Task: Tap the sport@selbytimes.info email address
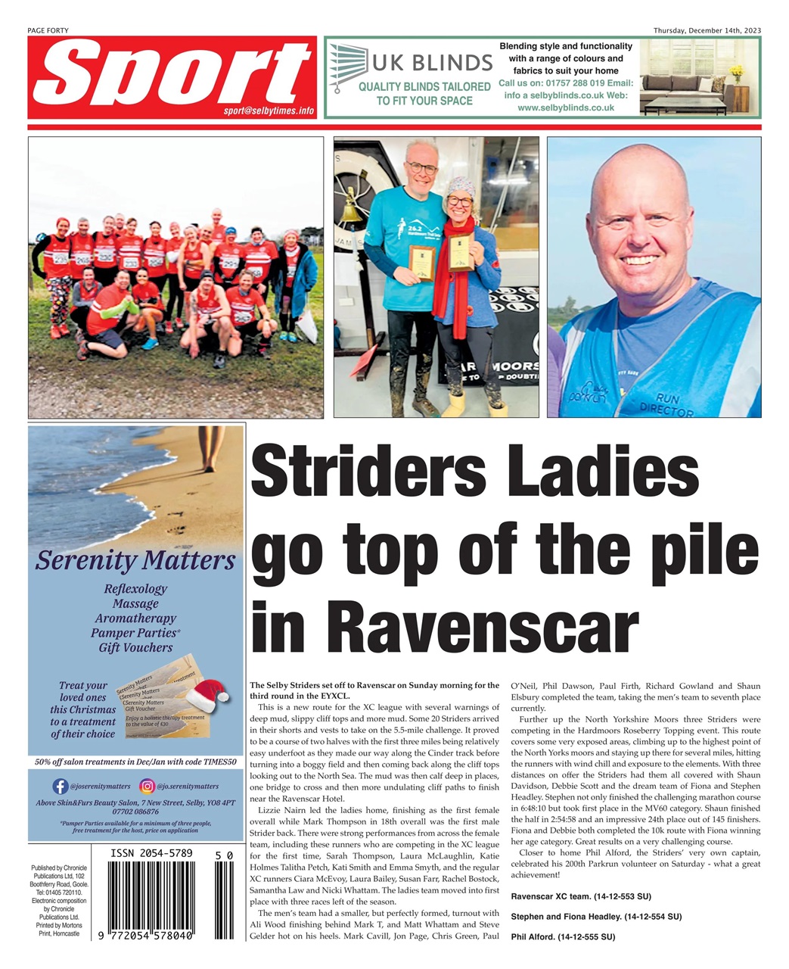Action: [269, 111]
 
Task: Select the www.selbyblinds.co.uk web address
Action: [565, 107]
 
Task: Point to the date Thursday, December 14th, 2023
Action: [707, 30]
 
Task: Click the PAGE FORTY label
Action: [48, 30]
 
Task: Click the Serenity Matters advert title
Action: [135, 561]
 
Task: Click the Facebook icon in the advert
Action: [61, 787]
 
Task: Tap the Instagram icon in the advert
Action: [148, 787]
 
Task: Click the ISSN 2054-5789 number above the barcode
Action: [152, 853]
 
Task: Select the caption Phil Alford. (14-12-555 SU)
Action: [563, 936]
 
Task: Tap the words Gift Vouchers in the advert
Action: [135, 647]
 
